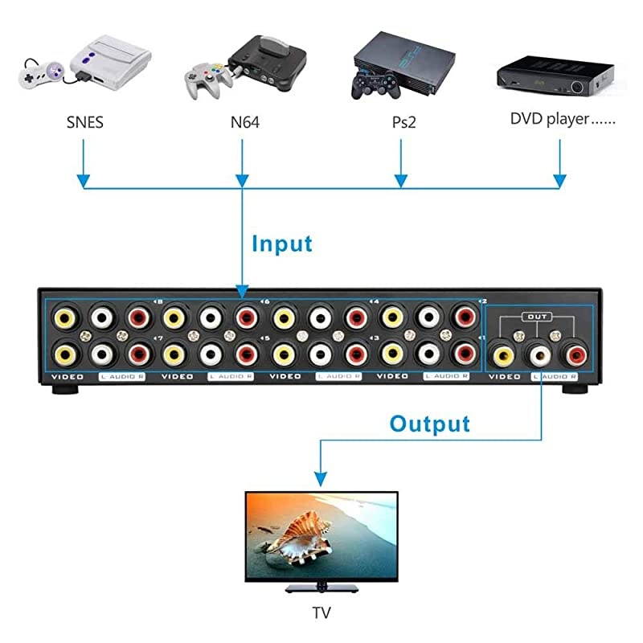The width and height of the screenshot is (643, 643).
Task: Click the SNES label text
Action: click(x=84, y=123)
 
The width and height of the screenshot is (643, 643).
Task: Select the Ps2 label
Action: click(x=399, y=123)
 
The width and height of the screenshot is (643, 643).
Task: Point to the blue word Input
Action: click(x=281, y=243)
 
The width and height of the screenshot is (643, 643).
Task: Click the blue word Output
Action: click(x=430, y=423)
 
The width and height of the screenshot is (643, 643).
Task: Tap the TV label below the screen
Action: click(x=321, y=612)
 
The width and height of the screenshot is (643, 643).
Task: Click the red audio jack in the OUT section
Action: click(x=575, y=353)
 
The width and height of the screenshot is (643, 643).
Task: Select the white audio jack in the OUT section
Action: click(x=539, y=353)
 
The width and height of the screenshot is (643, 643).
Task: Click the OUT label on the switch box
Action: click(x=537, y=317)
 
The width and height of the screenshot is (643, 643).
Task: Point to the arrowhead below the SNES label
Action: click(x=84, y=179)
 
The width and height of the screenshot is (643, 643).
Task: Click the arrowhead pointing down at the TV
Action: click(x=321, y=480)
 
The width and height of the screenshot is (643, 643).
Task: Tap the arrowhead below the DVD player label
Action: click(x=561, y=179)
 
